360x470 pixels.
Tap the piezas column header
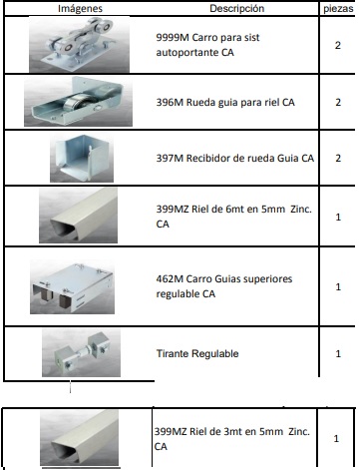(x=338, y=8)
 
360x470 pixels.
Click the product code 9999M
(x=175, y=35)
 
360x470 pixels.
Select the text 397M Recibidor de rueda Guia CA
(x=237, y=159)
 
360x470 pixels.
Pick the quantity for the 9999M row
(x=338, y=45)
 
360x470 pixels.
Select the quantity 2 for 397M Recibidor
(x=338, y=159)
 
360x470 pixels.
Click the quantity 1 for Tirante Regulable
(x=338, y=353)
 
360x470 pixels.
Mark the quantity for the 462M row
(x=338, y=286)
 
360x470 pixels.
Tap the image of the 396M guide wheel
(x=78, y=103)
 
